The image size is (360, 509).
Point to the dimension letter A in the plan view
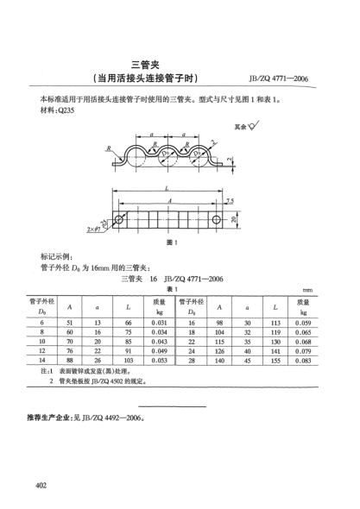[168, 199]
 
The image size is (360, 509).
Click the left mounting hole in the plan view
[120, 218]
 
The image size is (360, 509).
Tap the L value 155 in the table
[274, 361]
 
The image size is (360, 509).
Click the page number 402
[38, 489]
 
